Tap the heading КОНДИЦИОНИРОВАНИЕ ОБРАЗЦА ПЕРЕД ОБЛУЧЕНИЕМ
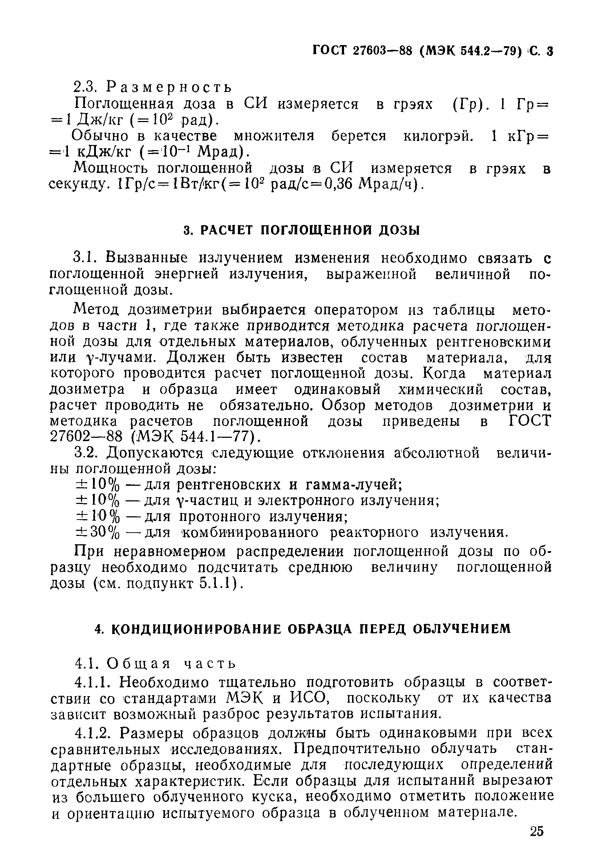click(303, 629)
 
